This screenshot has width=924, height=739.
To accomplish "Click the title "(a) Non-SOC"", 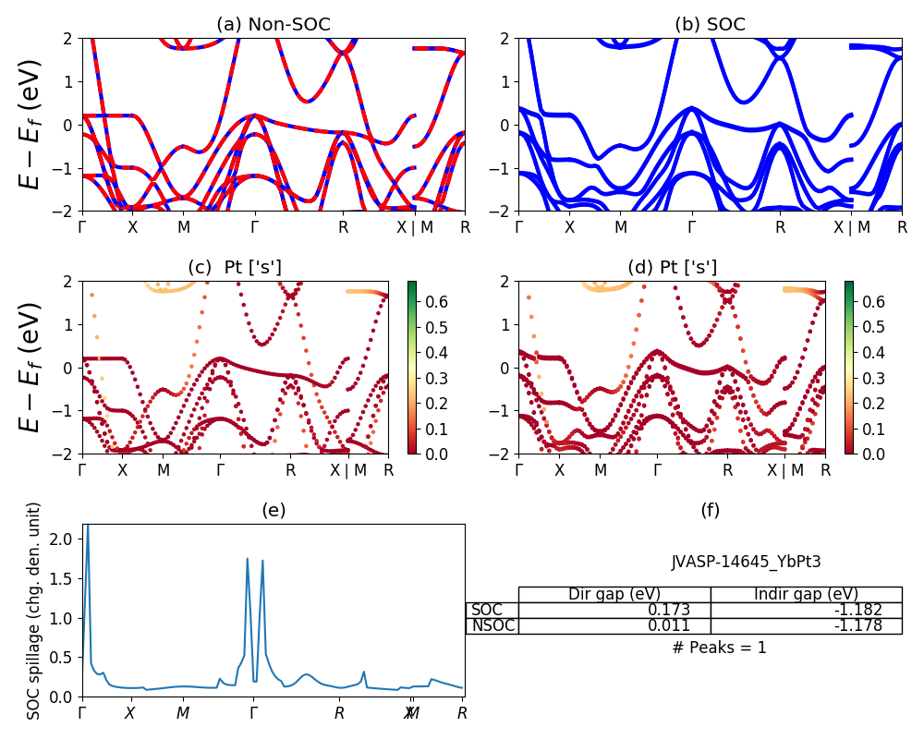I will (273, 25).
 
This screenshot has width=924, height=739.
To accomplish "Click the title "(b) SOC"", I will (710, 25).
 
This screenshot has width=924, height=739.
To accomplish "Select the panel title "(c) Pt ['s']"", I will (235, 268).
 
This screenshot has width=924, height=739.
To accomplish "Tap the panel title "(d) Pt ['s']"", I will (672, 268).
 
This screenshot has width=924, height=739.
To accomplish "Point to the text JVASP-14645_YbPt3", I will (746, 561).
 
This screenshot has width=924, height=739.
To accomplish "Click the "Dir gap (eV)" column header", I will (614, 594).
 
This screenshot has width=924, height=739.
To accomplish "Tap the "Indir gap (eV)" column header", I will (806, 594).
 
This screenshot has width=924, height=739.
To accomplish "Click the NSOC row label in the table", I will (492, 626).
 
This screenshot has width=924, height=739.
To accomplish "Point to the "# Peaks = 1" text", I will (719, 648).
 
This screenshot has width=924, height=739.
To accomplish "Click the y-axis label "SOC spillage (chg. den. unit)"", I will (35, 611).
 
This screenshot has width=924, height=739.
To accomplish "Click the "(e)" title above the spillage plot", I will (273, 511).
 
